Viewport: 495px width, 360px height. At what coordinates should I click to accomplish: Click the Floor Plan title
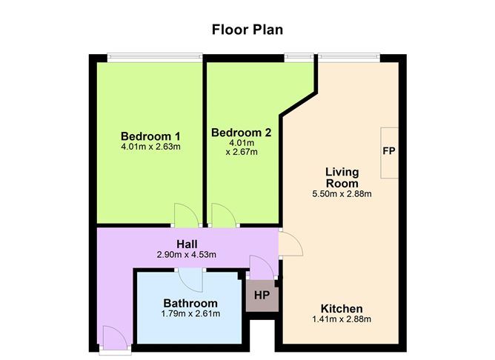coord(247,30)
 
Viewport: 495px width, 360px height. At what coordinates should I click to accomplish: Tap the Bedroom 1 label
coord(150,136)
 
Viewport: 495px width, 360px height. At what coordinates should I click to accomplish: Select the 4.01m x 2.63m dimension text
coord(150,147)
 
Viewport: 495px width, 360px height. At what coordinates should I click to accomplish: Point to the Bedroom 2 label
coord(241,133)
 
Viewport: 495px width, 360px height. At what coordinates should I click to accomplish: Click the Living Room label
coord(342,178)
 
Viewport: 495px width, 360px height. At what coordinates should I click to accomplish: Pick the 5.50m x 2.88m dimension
coord(342,194)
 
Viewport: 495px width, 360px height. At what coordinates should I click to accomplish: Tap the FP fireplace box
coord(389,153)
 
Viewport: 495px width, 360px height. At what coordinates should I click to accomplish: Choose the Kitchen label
coord(342,309)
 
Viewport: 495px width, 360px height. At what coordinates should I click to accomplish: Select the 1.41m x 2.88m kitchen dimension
coord(342,319)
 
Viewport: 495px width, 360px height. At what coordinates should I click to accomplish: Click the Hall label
coord(187,244)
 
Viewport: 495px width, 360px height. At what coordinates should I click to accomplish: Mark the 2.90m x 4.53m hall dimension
coord(187,255)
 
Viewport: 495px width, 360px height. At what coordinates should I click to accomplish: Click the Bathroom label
coord(190,303)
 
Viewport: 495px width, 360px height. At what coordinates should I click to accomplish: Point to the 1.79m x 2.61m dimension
coord(190,314)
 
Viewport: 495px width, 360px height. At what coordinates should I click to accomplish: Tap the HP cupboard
coord(262,296)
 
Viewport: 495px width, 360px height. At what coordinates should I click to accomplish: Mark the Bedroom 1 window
coord(155,58)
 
